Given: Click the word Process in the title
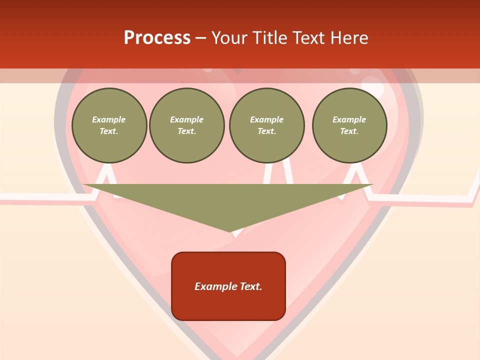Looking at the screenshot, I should [157, 38].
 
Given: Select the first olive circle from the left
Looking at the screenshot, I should [109, 125].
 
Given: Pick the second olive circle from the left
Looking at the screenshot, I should [187, 125].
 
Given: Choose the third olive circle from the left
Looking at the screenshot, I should [267, 125].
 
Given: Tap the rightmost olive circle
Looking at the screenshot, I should [349, 125].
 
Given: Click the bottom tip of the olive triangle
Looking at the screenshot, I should [230, 231].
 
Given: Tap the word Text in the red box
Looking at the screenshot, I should [250, 286].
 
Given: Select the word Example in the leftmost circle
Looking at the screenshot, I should [109, 120].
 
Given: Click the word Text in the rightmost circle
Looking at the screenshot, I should [349, 131].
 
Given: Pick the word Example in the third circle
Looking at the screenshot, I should [267, 120].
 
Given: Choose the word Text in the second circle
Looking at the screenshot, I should [187, 131].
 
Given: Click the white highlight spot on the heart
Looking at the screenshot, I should [373, 87].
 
